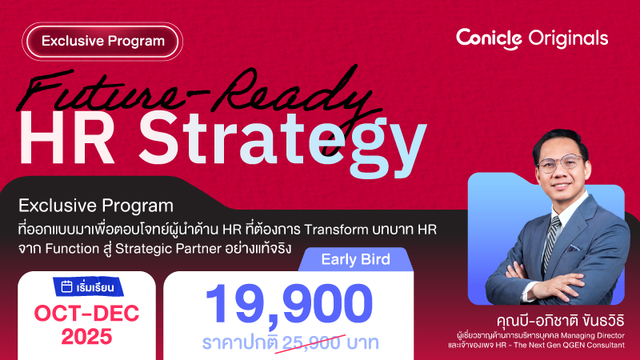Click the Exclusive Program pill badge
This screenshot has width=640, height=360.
102,42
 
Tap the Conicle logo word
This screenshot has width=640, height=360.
489,38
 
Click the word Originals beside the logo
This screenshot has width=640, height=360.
568,38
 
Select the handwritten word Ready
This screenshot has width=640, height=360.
294,94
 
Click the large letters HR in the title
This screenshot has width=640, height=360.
66,138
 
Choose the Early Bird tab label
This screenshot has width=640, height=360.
355,259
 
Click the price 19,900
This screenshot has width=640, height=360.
289,304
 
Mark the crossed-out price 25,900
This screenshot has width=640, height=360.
311,343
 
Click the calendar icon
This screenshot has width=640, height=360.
66,286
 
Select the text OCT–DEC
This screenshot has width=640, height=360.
86,314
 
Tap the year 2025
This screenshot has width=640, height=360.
86,337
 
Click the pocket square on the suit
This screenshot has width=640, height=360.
573,247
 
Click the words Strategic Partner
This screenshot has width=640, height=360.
168,249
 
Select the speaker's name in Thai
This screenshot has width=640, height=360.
561,321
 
